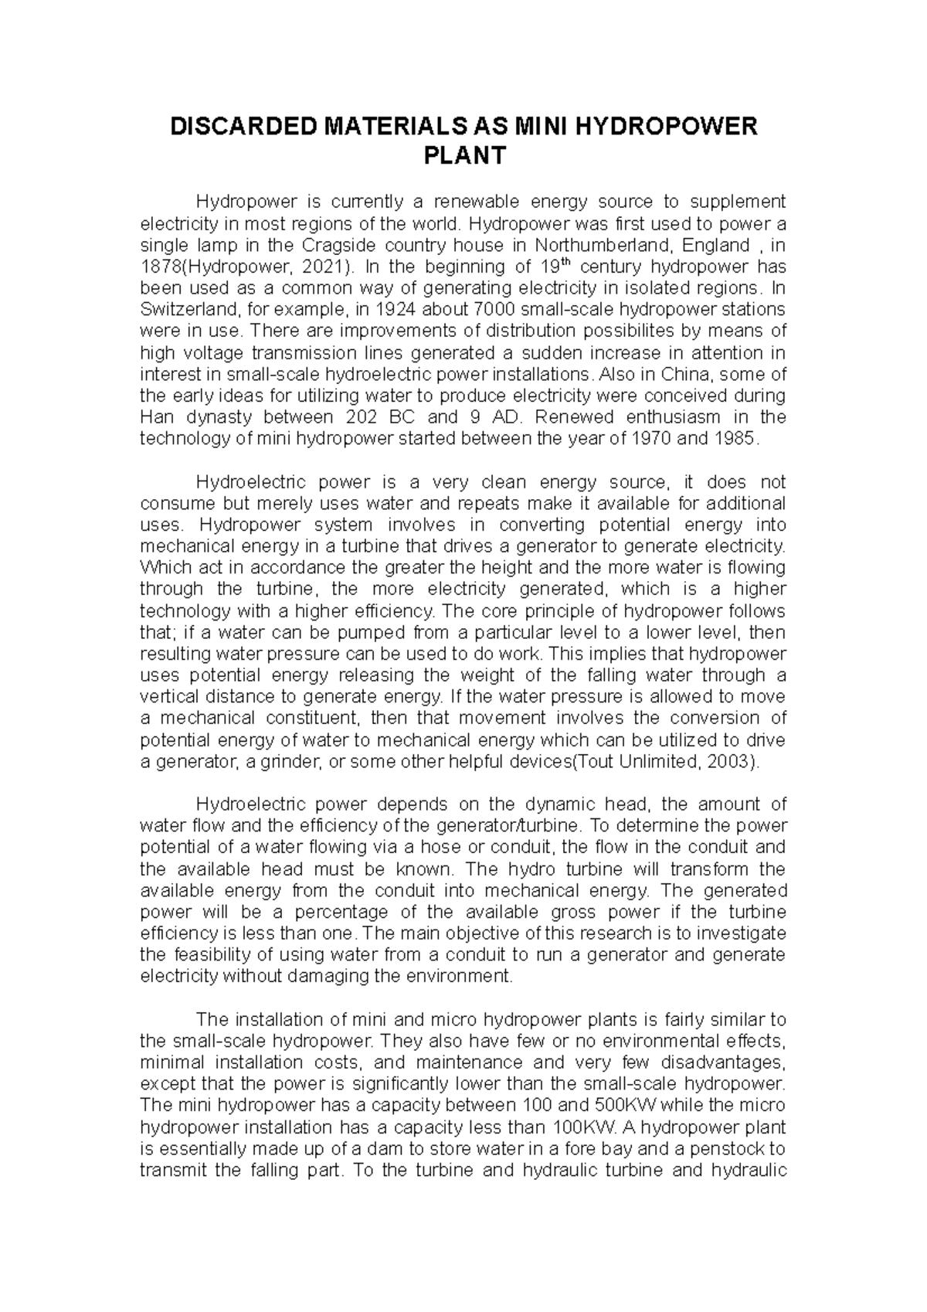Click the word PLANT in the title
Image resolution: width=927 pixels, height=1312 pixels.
click(464, 156)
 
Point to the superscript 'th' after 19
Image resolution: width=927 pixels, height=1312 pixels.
click(561, 262)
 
